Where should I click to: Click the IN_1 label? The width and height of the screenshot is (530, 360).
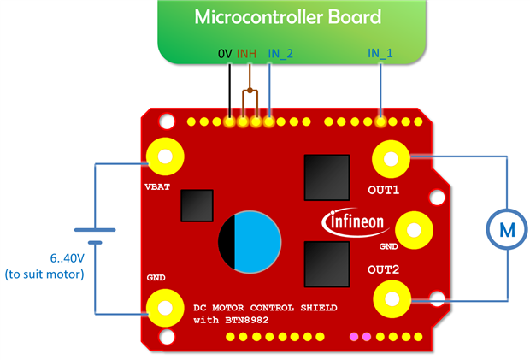pos(380,53)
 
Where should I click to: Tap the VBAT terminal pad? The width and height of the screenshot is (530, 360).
pos(163,156)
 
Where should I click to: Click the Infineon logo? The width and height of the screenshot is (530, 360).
pos(358,222)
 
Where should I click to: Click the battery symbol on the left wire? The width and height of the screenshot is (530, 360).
pos(95,236)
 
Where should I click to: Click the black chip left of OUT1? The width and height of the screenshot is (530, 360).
pos(327,178)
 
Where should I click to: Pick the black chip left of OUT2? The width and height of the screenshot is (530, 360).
pos(327,263)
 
